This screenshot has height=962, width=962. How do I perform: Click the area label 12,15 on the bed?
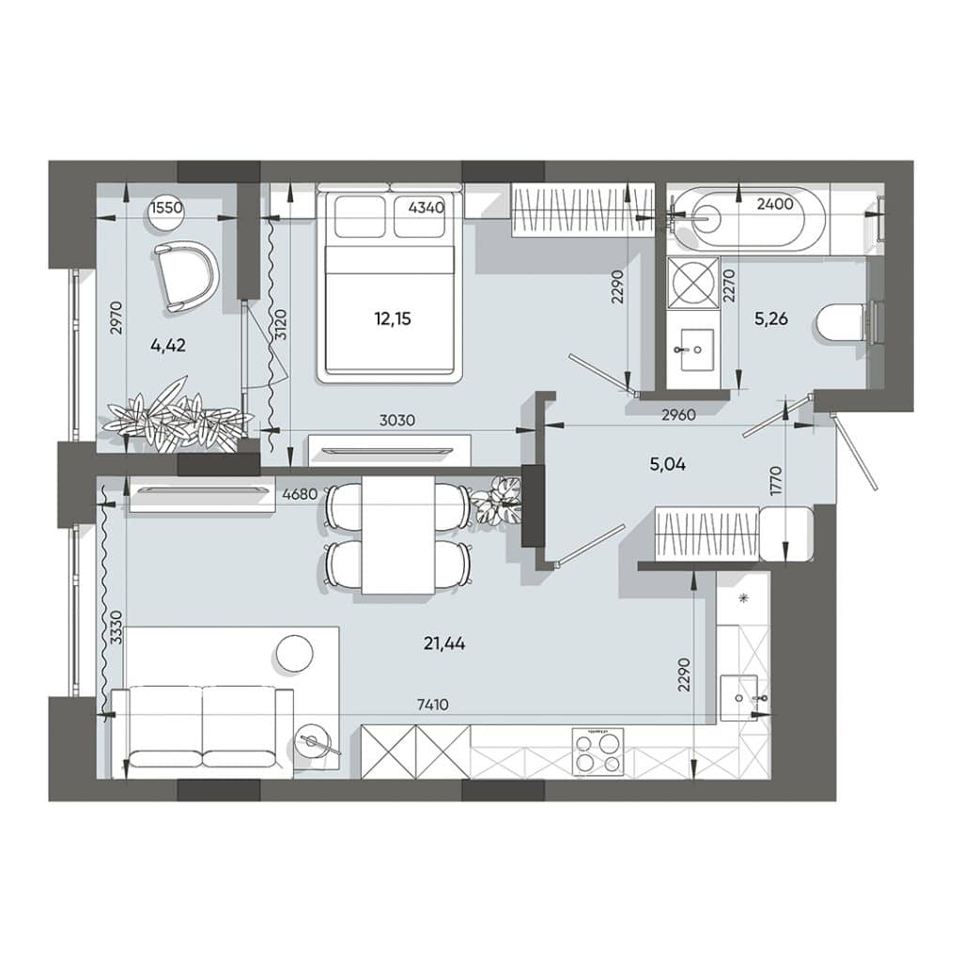(393, 319)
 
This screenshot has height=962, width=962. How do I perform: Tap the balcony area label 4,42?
(167, 346)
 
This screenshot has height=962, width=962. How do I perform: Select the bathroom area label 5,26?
(770, 319)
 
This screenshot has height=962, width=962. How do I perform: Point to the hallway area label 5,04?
(668, 464)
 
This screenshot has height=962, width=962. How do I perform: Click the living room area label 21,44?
(444, 644)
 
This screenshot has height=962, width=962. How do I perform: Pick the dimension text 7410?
(432, 705)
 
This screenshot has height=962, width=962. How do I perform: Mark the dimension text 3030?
(397, 420)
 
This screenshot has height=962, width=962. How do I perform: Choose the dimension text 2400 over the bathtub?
(775, 204)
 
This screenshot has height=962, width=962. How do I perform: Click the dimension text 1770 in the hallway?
(777, 482)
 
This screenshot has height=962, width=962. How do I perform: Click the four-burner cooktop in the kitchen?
(597, 753)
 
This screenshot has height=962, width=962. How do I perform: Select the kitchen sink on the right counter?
(740, 698)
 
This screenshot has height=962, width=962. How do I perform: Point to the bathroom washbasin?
(696, 349)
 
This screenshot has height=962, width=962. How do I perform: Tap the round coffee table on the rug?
(294, 655)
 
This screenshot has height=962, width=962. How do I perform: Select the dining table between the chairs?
(398, 535)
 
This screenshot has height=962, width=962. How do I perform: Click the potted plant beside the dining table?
(498, 501)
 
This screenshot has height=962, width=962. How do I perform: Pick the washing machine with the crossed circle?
(695, 282)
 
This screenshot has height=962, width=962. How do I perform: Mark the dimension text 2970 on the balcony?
(117, 318)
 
